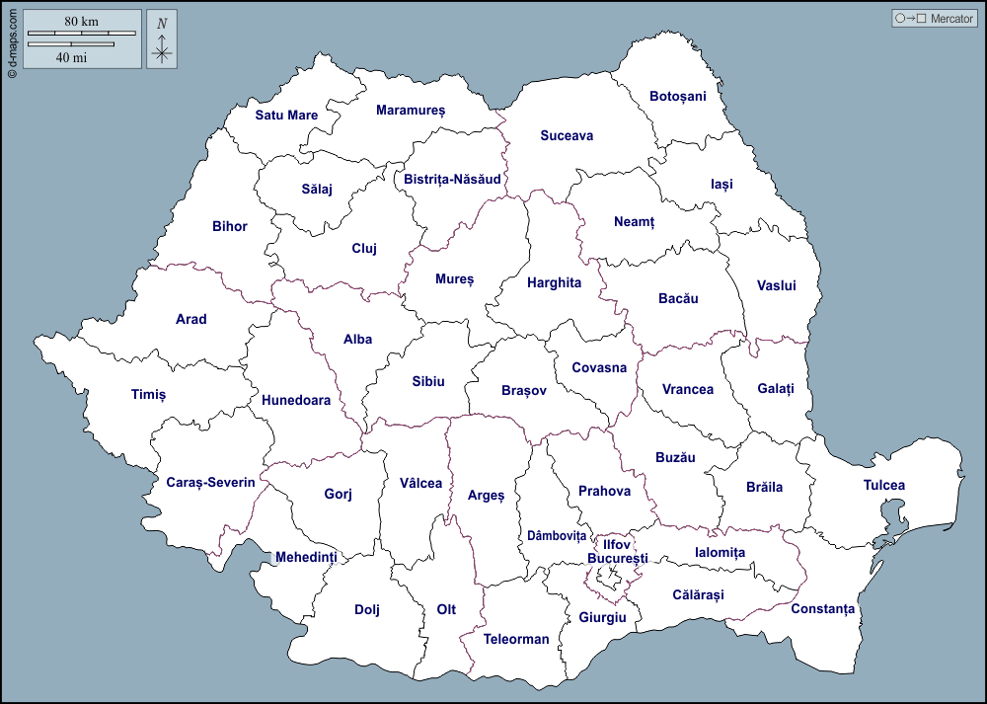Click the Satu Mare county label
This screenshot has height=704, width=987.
coord(286,116)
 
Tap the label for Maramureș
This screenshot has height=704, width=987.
coord(411,111)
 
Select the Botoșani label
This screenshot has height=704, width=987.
coord(678,97)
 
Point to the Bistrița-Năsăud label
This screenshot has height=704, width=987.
coord(452,180)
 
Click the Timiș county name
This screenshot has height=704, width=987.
coord(148,395)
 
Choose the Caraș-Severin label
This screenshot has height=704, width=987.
coord(210,483)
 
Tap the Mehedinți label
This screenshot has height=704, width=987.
coord(306,558)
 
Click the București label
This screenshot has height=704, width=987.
coord(617,559)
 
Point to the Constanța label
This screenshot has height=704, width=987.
coord(822,609)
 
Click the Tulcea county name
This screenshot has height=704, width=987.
coord(883,486)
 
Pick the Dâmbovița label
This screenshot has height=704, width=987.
coord(556,536)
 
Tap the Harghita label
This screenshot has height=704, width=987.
coord(554,283)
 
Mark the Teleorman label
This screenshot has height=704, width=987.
coord(515,640)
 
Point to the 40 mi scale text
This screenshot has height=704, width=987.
coord(71,57)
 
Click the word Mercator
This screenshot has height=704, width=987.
coord(951,19)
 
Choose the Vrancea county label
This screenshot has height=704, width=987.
coord(687,390)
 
